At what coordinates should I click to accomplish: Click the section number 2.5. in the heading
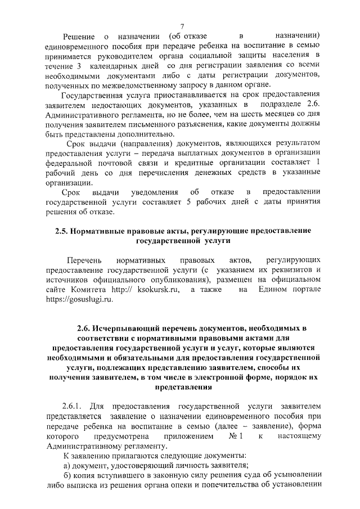(x=61, y=231)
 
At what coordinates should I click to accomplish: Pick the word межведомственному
(x=127, y=84)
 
